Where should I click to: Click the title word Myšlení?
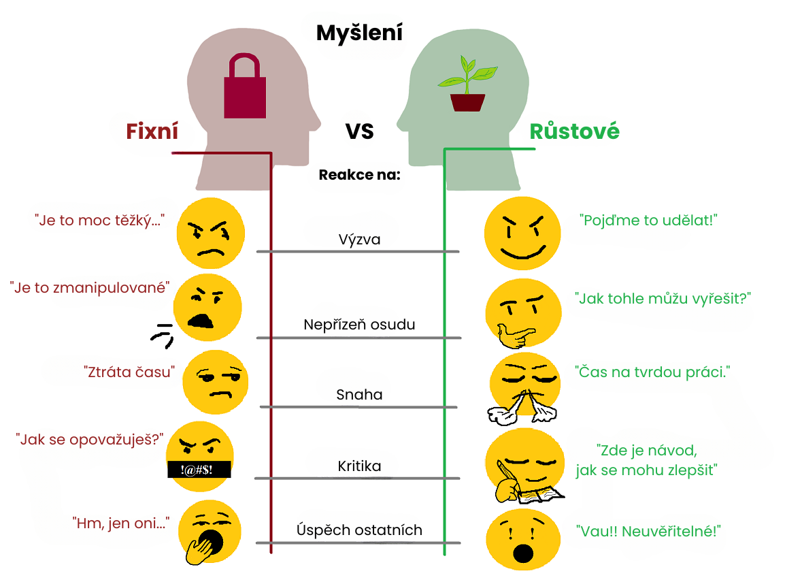coord(359,32)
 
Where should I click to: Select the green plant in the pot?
coord(467,85)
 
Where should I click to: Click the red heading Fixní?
coord(152,131)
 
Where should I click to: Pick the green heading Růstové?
coord(574,131)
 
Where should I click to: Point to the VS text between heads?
coord(359,131)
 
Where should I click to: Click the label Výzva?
coord(359,240)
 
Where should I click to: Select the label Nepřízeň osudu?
coord(359,325)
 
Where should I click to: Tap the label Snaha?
coord(359,395)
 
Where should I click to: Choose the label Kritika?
coord(359,466)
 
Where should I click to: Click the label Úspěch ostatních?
coord(359,530)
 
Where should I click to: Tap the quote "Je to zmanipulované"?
coord(90,287)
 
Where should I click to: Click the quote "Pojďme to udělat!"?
coord(649,221)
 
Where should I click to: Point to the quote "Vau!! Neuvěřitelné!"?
coord(648,531)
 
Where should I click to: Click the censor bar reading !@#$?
coord(199,469)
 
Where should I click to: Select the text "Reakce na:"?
coord(359,175)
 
